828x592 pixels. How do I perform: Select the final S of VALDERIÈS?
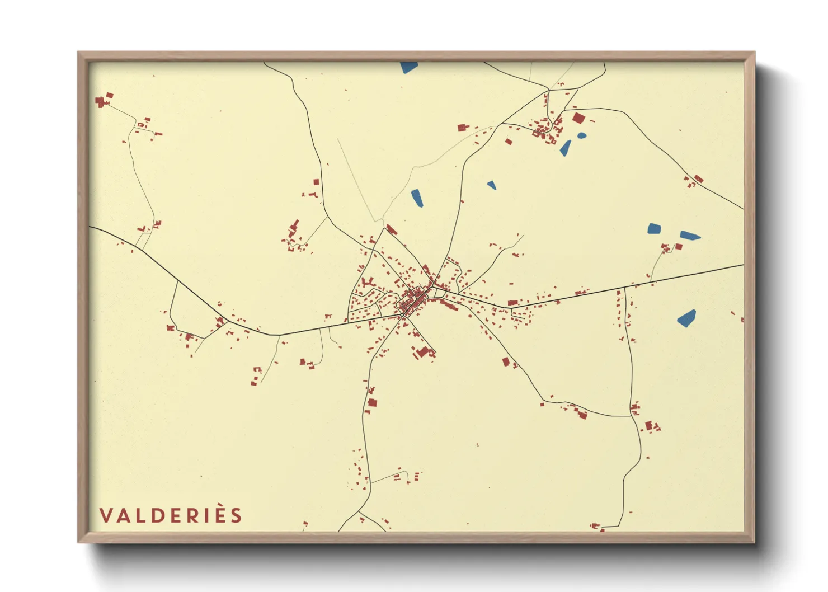pyautogui.click(x=236, y=515)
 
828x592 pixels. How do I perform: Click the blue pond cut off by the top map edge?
pyautogui.click(x=409, y=67)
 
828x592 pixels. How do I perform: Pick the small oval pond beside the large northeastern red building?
pyautogui.click(x=582, y=135)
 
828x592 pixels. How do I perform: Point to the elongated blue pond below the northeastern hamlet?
pyautogui.click(x=566, y=148)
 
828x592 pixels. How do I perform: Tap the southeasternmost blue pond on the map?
pyautogui.click(x=686, y=318)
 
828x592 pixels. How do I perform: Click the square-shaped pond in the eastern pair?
pyautogui.click(x=654, y=228)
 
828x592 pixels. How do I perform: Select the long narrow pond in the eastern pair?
pyautogui.click(x=690, y=236)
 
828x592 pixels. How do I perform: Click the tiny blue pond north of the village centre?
pyautogui.click(x=491, y=185)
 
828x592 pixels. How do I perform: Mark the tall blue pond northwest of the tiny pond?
pyautogui.click(x=417, y=198)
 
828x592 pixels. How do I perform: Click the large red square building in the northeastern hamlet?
pyautogui.click(x=578, y=118)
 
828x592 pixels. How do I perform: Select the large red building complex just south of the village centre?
pyautogui.click(x=424, y=351)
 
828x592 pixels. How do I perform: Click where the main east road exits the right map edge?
pyautogui.click(x=742, y=265)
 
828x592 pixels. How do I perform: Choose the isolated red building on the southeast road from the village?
pyautogui.click(x=506, y=362)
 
